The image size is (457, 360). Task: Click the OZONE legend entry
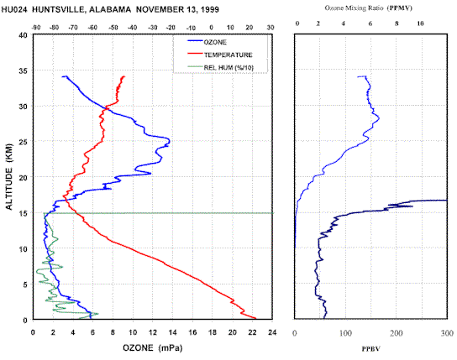click(207, 42)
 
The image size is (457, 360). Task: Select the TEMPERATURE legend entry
click(219, 55)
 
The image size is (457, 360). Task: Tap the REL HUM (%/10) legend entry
click(220, 67)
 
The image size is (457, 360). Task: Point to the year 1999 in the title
click(208, 9)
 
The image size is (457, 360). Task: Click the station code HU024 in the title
click(14, 9)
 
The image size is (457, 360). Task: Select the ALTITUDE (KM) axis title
click(9, 177)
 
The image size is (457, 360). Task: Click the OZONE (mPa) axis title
click(152, 347)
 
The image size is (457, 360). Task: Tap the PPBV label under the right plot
click(371, 348)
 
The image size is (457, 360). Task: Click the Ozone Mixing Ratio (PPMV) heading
click(369, 8)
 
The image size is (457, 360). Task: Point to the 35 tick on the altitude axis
click(24, 70)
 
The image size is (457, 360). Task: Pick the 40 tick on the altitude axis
click(24, 35)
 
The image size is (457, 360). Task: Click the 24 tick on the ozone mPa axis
click(272, 332)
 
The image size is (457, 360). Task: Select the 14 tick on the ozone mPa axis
click(172, 332)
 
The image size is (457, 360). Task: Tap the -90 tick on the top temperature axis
click(36, 28)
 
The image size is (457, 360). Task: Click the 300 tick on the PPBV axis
click(448, 333)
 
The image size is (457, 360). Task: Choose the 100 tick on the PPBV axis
click(345, 333)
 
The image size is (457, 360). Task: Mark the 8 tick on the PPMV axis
click(397, 23)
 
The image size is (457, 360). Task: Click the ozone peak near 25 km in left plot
click(169, 142)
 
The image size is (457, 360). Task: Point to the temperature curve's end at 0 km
click(255, 318)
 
